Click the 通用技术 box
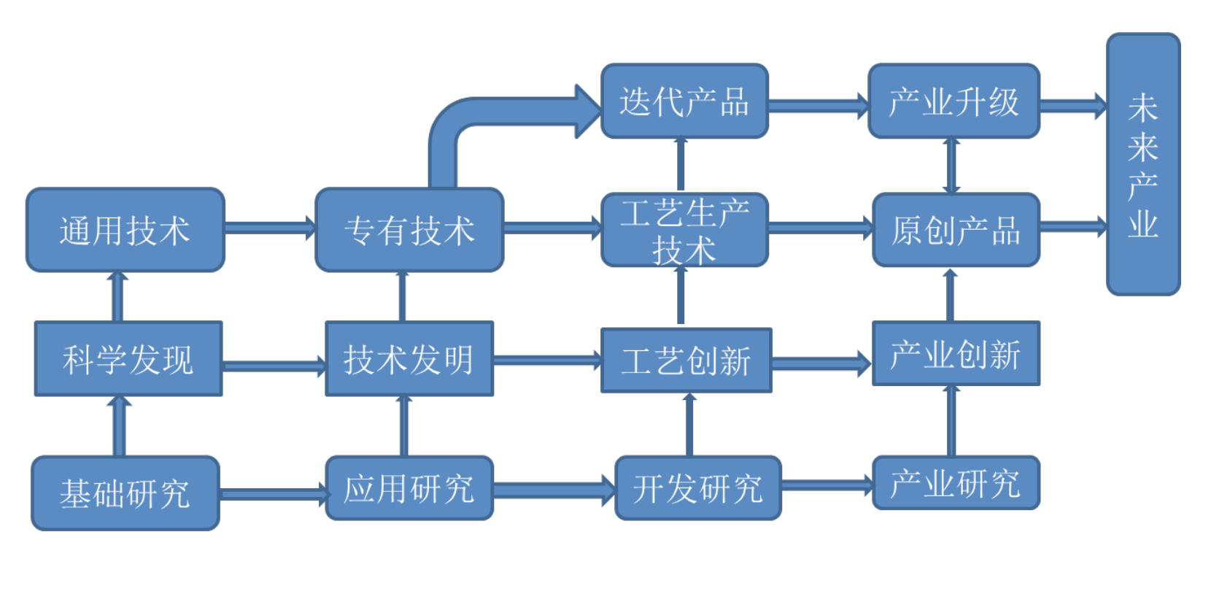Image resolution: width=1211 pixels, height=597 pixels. [125, 230]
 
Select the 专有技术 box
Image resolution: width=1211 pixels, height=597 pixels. [409, 230]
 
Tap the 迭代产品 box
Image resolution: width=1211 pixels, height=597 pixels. [684, 101]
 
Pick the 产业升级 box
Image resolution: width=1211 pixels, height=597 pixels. [953, 101]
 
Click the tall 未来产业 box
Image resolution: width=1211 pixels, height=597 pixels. [1142, 164]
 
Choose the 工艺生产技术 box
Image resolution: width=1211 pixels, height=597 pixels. [684, 230]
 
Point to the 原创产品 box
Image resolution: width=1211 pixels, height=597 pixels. [955, 230]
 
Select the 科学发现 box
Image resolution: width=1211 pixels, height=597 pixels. [128, 358]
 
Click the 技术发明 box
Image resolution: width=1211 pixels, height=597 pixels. [409, 358]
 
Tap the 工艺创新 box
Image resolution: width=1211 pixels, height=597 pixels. [686, 360]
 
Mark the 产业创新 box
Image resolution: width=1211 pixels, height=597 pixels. [955, 353]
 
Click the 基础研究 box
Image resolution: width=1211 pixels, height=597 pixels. [125, 493]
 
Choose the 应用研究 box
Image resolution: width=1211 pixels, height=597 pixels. [409, 488]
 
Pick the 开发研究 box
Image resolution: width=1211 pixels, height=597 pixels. [697, 488]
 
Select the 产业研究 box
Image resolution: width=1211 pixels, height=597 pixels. [955, 482]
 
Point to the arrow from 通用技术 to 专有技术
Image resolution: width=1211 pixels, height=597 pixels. [269, 228]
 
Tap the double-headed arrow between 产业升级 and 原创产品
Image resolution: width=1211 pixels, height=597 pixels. [951, 166]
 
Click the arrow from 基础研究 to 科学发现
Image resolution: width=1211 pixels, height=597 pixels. [119, 426]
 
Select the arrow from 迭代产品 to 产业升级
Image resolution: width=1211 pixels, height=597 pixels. [817, 106]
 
